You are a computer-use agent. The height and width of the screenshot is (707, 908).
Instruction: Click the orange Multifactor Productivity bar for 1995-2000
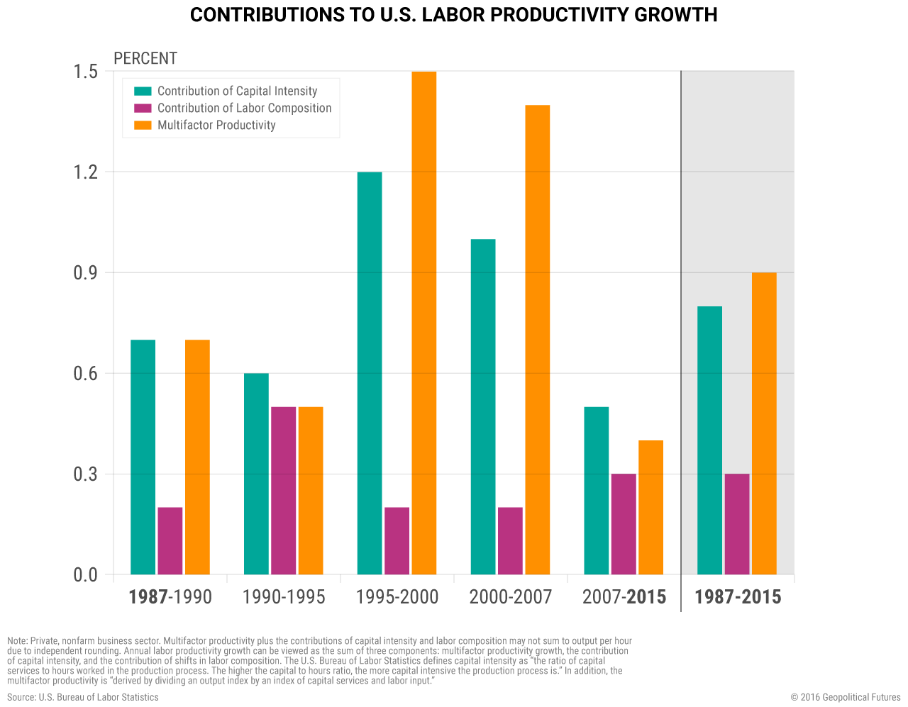pyautogui.click(x=423, y=323)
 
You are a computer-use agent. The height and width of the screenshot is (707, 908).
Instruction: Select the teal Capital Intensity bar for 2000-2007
pyautogui.click(x=483, y=406)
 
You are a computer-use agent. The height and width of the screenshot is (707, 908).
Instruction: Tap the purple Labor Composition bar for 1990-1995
pyautogui.click(x=283, y=490)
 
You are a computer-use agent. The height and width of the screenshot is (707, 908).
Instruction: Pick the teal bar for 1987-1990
pyautogui.click(x=143, y=457)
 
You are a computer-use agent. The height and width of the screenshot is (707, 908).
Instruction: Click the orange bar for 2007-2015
pyautogui.click(x=650, y=507)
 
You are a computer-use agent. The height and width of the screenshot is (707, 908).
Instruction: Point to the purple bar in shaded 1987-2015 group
pyautogui.click(x=737, y=524)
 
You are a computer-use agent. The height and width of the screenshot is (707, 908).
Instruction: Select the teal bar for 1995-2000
pyautogui.click(x=370, y=373)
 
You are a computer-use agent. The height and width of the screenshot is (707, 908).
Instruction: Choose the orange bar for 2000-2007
pyautogui.click(x=537, y=340)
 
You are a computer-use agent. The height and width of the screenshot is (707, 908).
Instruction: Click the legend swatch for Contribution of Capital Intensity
pyautogui.click(x=143, y=91)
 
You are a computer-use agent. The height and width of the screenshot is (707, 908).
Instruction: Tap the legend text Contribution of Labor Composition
pyautogui.click(x=244, y=108)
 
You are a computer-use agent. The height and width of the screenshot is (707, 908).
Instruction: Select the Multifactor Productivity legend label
pyautogui.click(x=216, y=125)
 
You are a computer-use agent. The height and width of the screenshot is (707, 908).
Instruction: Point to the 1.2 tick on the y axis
pyautogui.click(x=86, y=172)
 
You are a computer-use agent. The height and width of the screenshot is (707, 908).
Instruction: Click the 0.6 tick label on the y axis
pyautogui.click(x=86, y=373)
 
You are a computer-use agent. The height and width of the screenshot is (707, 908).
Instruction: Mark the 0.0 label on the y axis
pyautogui.click(x=86, y=574)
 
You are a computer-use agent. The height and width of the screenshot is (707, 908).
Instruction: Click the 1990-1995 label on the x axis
pyautogui.click(x=283, y=597)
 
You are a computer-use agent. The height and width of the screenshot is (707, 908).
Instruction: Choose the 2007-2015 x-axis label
pyautogui.click(x=624, y=597)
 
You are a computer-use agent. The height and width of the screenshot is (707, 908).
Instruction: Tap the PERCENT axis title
pyautogui.click(x=145, y=58)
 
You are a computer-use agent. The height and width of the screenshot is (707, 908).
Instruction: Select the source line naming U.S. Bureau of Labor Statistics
pyautogui.click(x=83, y=697)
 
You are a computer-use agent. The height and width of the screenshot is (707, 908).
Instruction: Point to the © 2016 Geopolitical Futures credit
pyautogui.click(x=846, y=697)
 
